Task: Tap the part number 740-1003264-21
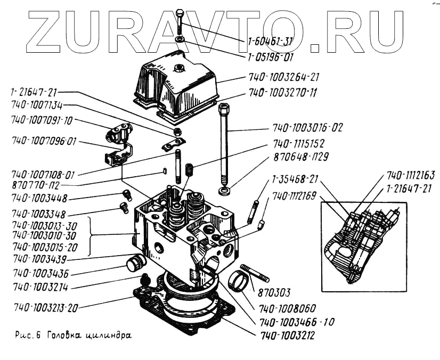coord(283,77)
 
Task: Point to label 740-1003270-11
coord(282,93)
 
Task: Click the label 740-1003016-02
coord(308,128)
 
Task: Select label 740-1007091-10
coord(41,120)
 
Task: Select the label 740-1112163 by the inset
coord(411,175)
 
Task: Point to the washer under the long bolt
coord(224,190)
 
